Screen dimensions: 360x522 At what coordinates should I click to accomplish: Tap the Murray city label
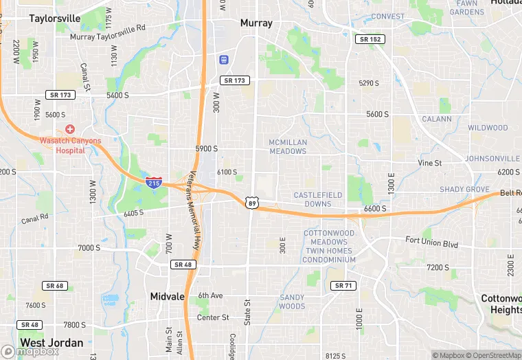tap(256, 23)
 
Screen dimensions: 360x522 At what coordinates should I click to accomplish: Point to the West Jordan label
tap(52, 342)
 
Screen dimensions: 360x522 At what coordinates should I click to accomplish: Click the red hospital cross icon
tap(69, 129)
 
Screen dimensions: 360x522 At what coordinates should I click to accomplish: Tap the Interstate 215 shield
tap(154, 183)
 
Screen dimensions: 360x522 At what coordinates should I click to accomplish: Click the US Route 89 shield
tap(253, 202)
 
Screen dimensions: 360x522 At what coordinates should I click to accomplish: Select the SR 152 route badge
tap(369, 39)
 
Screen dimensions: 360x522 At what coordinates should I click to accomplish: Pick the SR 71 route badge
tap(343, 285)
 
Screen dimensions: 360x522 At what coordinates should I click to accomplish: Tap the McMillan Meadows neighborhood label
tap(288, 146)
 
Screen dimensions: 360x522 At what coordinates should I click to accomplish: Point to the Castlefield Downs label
tap(317, 199)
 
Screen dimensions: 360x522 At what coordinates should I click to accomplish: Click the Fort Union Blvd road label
tap(431, 241)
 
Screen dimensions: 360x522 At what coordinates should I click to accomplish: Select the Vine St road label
tap(430, 163)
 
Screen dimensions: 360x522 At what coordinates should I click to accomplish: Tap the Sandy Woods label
tap(292, 302)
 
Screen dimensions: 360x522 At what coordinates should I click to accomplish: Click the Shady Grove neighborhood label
tap(464, 190)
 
